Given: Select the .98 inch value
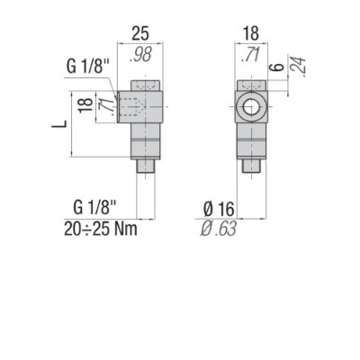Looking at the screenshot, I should [139, 54].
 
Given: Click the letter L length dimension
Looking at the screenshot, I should [56, 122].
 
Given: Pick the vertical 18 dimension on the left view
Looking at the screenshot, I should [82, 105].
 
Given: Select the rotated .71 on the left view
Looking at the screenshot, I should [104, 105].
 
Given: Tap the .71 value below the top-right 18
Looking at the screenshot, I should [251, 56].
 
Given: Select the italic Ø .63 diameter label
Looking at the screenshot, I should [219, 229].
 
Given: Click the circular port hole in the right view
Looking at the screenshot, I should [251, 107].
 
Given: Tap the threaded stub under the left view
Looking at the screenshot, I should [146, 166].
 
